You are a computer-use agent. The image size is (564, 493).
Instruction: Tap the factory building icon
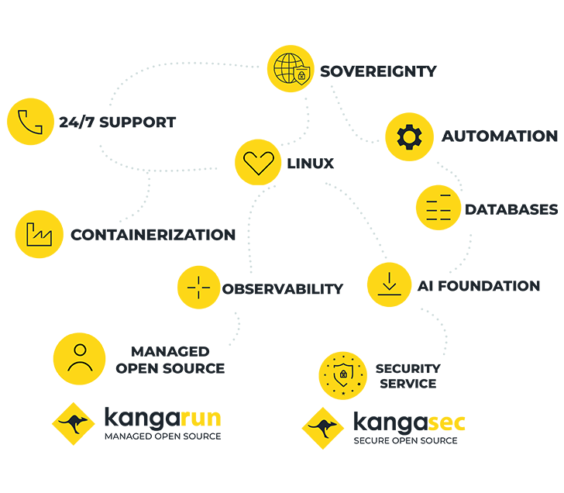[37, 233]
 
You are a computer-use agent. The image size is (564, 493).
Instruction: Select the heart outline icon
[259, 162]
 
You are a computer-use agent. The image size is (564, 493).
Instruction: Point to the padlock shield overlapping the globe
[303, 76]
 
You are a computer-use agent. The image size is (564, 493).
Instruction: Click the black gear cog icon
[406, 137]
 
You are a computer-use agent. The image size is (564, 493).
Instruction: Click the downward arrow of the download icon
[387, 281]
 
